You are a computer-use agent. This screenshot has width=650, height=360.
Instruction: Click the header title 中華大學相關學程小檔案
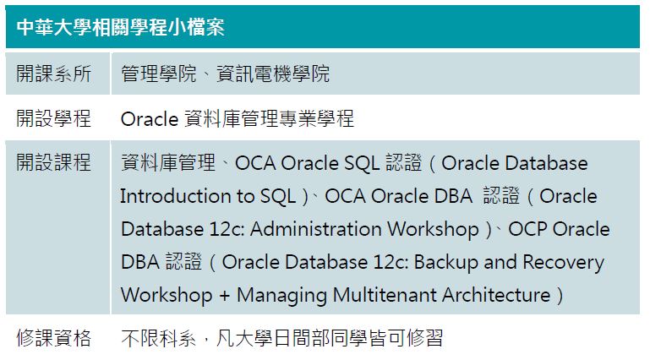[x=121, y=27]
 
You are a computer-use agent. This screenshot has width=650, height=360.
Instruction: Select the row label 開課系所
[x=54, y=74]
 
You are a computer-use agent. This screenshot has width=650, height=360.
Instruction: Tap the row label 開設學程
[x=54, y=118]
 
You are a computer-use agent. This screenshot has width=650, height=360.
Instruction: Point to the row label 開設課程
[x=54, y=162]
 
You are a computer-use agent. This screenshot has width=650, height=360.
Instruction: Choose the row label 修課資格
[x=54, y=338]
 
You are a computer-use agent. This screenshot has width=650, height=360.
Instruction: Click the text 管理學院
[x=158, y=74]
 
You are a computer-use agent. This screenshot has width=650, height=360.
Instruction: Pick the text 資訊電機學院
[x=273, y=74]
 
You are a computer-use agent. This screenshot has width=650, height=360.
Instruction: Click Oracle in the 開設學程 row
[x=150, y=119]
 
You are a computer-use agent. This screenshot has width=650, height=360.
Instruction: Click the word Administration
[x=316, y=229]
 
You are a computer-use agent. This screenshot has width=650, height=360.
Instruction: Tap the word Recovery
[x=564, y=263]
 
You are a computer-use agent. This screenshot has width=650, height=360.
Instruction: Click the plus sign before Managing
[x=224, y=296]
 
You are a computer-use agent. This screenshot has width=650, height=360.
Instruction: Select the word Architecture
[x=496, y=295]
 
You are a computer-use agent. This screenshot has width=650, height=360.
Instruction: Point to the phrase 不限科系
[x=158, y=338]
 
